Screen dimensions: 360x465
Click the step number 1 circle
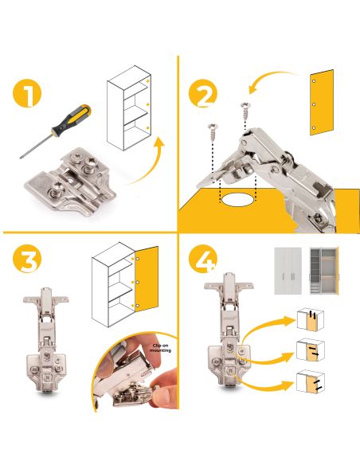click(27, 93)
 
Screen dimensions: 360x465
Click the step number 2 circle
click(203, 93)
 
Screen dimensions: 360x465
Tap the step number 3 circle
click(27, 258)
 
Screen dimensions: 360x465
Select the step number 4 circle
click(203, 258)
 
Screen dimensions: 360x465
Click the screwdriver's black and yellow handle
click(72, 119)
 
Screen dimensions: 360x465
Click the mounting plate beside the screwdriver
click(70, 183)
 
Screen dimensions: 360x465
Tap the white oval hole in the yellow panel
click(237, 199)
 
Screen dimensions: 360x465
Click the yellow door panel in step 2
click(322, 102)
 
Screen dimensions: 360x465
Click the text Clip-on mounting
click(160, 348)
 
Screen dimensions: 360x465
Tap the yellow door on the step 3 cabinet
click(147, 279)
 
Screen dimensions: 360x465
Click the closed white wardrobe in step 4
click(288, 271)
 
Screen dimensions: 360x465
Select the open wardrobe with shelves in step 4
click(324, 271)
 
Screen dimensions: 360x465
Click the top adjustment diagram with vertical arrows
click(310, 320)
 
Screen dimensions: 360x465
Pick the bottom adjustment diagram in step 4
click(311, 381)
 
